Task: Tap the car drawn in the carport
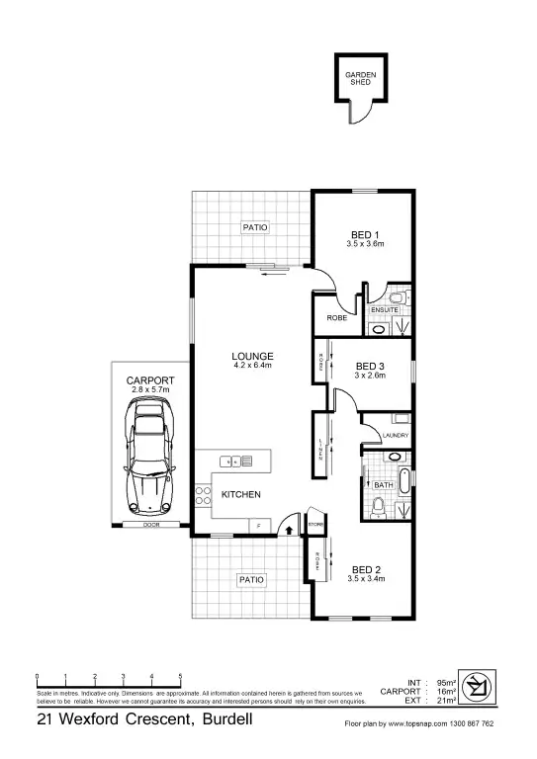point(146,464)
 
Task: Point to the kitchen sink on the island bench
point(229,461)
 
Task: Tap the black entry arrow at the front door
point(288,530)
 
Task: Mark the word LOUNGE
point(252,356)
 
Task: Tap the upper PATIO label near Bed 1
point(255,227)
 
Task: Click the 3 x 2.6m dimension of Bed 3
point(370,376)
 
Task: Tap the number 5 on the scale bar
point(180,677)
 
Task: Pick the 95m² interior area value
point(445,683)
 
